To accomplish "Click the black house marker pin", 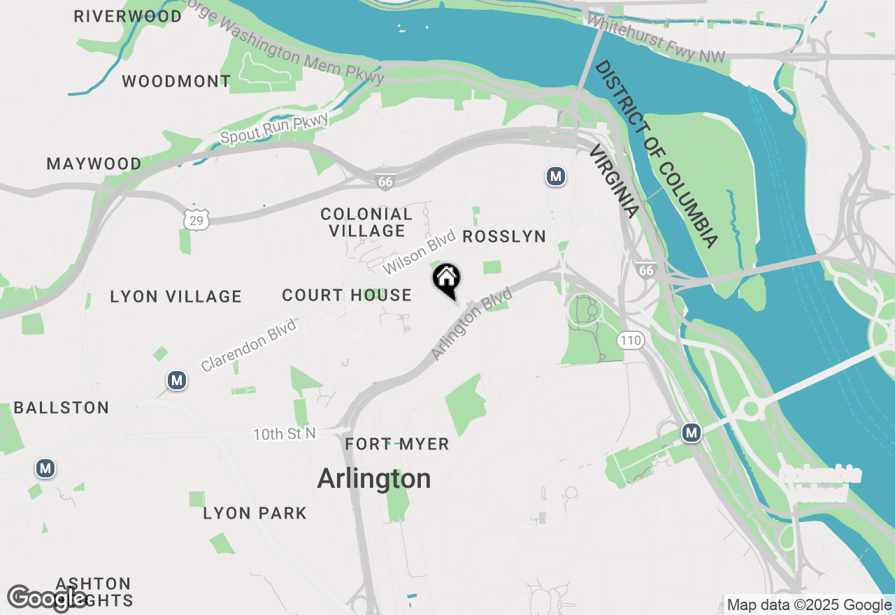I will coord(447,280).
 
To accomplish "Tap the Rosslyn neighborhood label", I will coord(504,237).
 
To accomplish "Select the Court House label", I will coord(347,296).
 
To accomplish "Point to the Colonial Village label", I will coord(366,222).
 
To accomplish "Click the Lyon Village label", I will coord(176,297).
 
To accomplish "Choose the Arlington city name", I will coord(374,479).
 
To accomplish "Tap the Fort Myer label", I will coord(397,444).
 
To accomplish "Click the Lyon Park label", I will coord(255,514).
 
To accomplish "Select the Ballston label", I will coord(62,408).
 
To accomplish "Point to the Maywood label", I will coord(94,164).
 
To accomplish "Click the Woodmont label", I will coord(176,82).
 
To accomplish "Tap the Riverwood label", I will coord(128,16).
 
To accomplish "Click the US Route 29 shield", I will coord(197,219).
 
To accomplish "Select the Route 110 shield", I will coord(630,340).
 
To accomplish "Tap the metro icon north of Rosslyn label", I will coord(556,176).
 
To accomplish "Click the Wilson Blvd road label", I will coord(419,252).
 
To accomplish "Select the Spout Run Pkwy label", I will coord(274,128).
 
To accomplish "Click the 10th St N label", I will coord(285,434).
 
